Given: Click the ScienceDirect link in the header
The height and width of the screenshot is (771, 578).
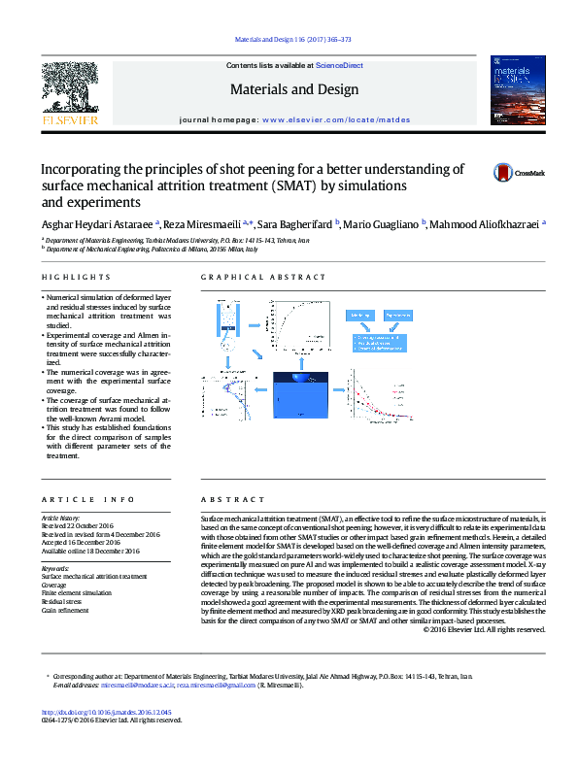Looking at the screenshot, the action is [x=340, y=65].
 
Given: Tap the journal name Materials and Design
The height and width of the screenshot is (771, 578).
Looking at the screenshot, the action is [x=293, y=89].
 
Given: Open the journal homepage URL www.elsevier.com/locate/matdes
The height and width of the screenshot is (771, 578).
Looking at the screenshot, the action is [x=335, y=119].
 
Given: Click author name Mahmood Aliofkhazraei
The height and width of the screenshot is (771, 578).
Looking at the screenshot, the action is [x=485, y=224].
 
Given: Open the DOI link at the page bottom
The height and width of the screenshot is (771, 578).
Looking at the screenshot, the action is [x=107, y=738].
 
